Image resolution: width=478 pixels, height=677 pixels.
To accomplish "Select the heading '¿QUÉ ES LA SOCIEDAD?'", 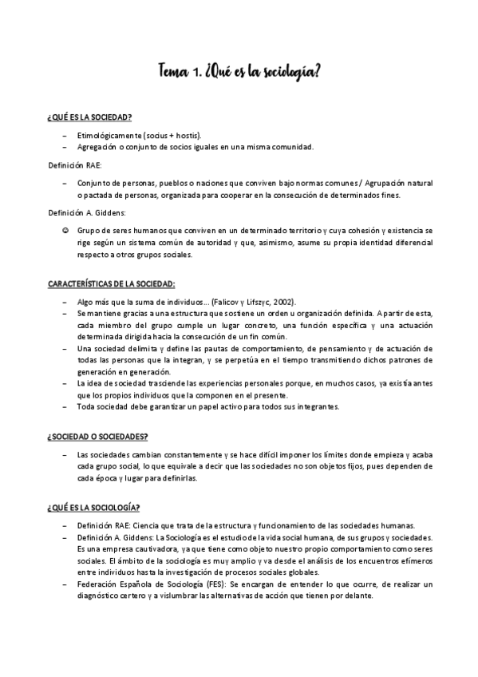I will (x=89, y=117).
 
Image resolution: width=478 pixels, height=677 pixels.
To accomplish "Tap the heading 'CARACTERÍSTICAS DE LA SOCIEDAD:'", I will (x=111, y=284).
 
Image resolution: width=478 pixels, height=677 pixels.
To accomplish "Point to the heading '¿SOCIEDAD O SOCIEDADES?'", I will (x=97, y=436).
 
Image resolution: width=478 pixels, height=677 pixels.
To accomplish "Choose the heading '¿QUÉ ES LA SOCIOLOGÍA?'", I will (x=93, y=507).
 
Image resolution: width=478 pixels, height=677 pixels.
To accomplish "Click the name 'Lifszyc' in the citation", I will (x=254, y=303).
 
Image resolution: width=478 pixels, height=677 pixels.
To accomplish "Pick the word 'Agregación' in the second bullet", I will (x=97, y=147).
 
